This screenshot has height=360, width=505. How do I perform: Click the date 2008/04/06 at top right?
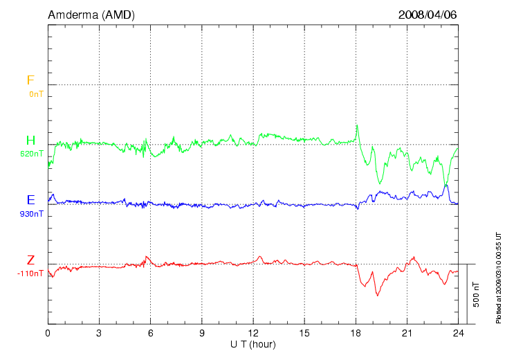(x=428, y=15)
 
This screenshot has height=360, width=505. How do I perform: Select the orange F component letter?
(x=30, y=80)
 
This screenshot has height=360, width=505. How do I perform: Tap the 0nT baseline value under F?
(x=36, y=93)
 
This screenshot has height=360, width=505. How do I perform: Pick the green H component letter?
(x=30, y=141)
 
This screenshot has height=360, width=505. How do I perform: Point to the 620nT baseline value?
(x=32, y=154)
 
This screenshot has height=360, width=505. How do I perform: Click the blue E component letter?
(x=30, y=201)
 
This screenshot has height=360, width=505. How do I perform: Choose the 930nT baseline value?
(x=32, y=214)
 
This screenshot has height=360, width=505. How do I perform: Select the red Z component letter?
(x=30, y=260)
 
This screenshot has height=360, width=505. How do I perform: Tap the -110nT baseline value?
(x=30, y=273)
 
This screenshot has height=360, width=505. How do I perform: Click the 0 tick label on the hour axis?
(x=48, y=333)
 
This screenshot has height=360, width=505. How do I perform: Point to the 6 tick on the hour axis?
(x=150, y=333)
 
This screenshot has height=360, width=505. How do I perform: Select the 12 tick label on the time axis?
(x=253, y=333)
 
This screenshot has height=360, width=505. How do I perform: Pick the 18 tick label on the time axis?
(x=356, y=333)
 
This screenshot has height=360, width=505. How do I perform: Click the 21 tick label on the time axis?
(x=407, y=333)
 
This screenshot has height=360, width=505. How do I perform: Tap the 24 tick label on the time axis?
(x=458, y=333)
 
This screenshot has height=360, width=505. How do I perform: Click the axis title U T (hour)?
(x=253, y=344)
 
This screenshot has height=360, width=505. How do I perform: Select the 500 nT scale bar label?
(x=476, y=294)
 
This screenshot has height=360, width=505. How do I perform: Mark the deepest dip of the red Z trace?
(x=378, y=296)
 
